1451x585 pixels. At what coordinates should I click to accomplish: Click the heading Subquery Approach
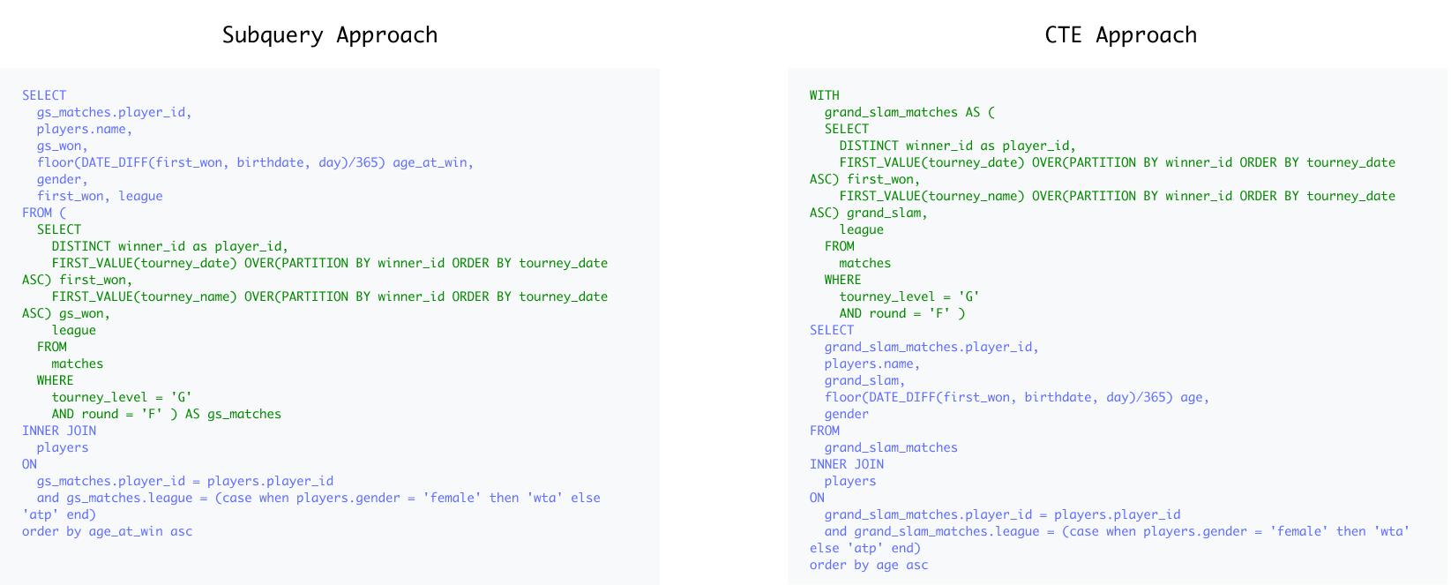pyautogui.click(x=329, y=34)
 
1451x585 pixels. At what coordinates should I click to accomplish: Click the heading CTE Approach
pyautogui.click(x=1120, y=34)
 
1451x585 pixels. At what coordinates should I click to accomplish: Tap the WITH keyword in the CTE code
pyautogui.click(x=824, y=95)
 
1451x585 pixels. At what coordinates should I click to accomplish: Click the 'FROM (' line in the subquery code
pyautogui.click(x=44, y=213)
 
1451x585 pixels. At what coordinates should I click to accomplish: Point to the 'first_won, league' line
pyautogui.click(x=100, y=196)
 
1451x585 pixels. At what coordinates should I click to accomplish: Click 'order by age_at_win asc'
pyautogui.click(x=107, y=531)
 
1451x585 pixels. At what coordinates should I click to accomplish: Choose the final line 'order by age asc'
pyautogui.click(x=869, y=565)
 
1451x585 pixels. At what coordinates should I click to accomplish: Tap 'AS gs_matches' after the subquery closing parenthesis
pyautogui.click(x=233, y=414)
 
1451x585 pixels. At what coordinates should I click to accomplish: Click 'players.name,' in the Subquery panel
pyautogui.click(x=84, y=129)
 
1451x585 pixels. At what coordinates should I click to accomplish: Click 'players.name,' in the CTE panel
pyautogui.click(x=871, y=364)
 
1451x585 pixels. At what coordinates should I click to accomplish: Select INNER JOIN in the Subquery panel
pyautogui.click(x=59, y=431)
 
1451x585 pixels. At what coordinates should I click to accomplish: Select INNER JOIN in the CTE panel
pyautogui.click(x=847, y=464)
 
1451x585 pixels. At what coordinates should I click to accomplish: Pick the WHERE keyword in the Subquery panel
pyautogui.click(x=55, y=380)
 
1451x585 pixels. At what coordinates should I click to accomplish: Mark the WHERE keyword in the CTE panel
pyautogui.click(x=842, y=280)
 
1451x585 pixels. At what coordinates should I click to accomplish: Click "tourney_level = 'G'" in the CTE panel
pyautogui.click(x=909, y=296)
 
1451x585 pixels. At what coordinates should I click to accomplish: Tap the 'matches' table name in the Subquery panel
pyautogui.click(x=77, y=364)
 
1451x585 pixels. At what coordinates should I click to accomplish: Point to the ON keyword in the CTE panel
pyautogui.click(x=817, y=498)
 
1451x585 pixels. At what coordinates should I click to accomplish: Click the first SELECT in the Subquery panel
pyautogui.click(x=44, y=95)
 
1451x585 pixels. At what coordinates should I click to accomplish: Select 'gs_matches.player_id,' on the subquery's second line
pyautogui.click(x=114, y=112)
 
